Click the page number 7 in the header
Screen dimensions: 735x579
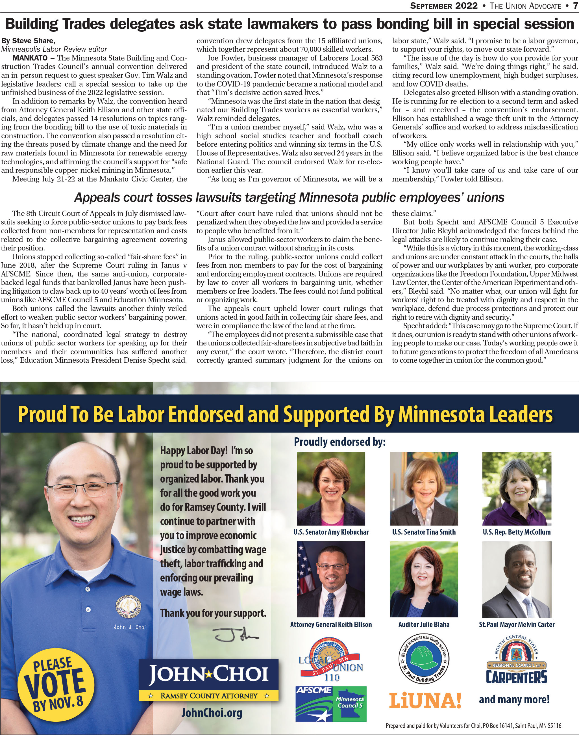574,6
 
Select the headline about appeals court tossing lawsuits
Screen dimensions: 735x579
289,198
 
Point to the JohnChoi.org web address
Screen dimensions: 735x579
212,712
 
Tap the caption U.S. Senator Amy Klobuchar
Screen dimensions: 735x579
331,532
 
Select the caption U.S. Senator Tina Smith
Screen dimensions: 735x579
424,532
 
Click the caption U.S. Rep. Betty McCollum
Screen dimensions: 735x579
517,532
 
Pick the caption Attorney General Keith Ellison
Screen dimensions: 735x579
331,624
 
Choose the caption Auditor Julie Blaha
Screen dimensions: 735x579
424,624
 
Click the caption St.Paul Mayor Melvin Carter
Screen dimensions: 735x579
517,624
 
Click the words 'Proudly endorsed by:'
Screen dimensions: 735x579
340,442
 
